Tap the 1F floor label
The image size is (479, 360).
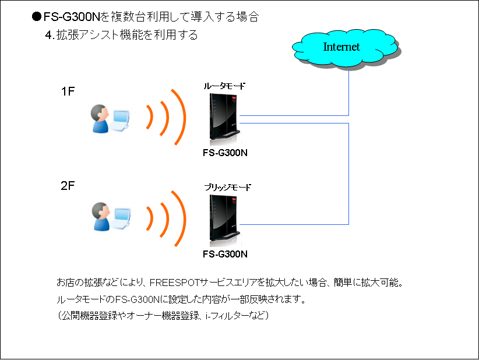(68, 91)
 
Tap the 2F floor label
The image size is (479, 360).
(68, 186)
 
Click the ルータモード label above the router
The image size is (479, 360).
(224, 86)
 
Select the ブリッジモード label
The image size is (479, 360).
(228, 187)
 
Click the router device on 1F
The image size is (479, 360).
(224, 119)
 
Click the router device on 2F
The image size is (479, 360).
(224, 220)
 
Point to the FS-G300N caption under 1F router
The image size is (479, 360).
(225, 153)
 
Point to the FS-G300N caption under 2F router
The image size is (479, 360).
(225, 254)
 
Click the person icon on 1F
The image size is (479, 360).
(100, 119)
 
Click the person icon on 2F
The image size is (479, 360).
(101, 217)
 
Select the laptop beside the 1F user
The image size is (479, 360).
(121, 121)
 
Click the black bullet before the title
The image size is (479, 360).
(37, 16)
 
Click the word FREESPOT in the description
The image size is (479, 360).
(174, 283)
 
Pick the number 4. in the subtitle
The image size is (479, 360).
(50, 36)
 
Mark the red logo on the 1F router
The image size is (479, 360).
(234, 98)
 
